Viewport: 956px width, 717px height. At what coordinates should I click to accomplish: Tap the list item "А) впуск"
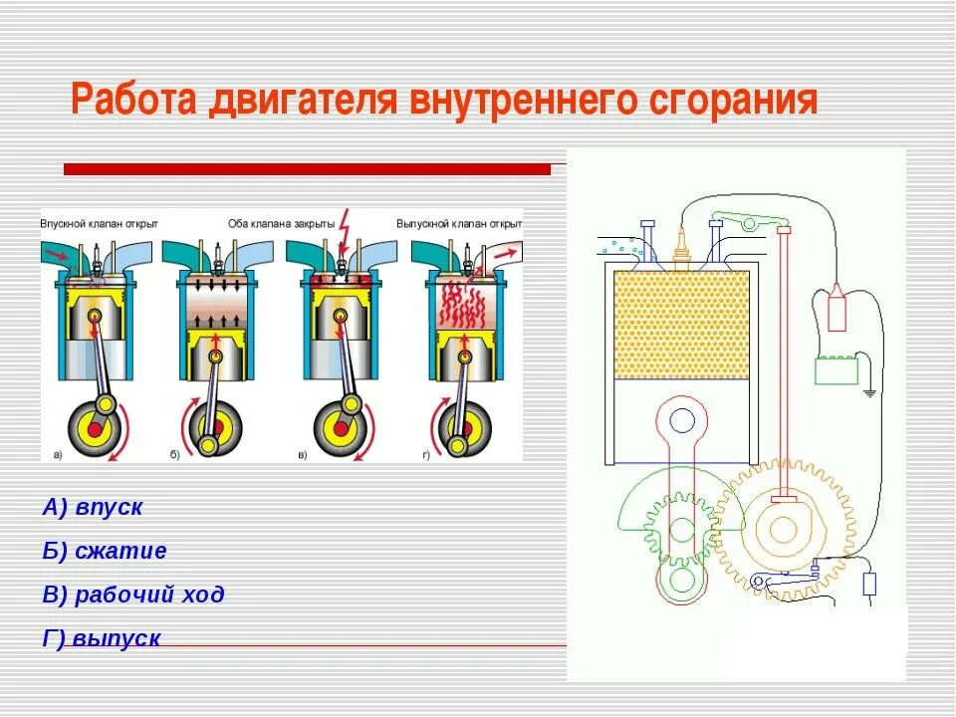[93, 507]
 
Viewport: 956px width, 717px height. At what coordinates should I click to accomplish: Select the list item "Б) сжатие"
[105, 551]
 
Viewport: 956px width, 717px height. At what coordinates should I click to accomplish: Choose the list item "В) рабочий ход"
[133, 595]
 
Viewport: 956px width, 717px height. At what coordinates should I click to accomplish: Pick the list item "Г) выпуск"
[102, 638]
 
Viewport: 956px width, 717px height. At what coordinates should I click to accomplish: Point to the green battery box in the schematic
[836, 370]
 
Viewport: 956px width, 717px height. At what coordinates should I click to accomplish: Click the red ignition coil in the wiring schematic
[835, 308]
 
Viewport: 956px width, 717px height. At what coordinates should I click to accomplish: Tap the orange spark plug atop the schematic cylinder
[682, 245]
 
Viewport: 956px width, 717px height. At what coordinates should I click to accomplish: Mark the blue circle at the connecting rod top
[682, 419]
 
